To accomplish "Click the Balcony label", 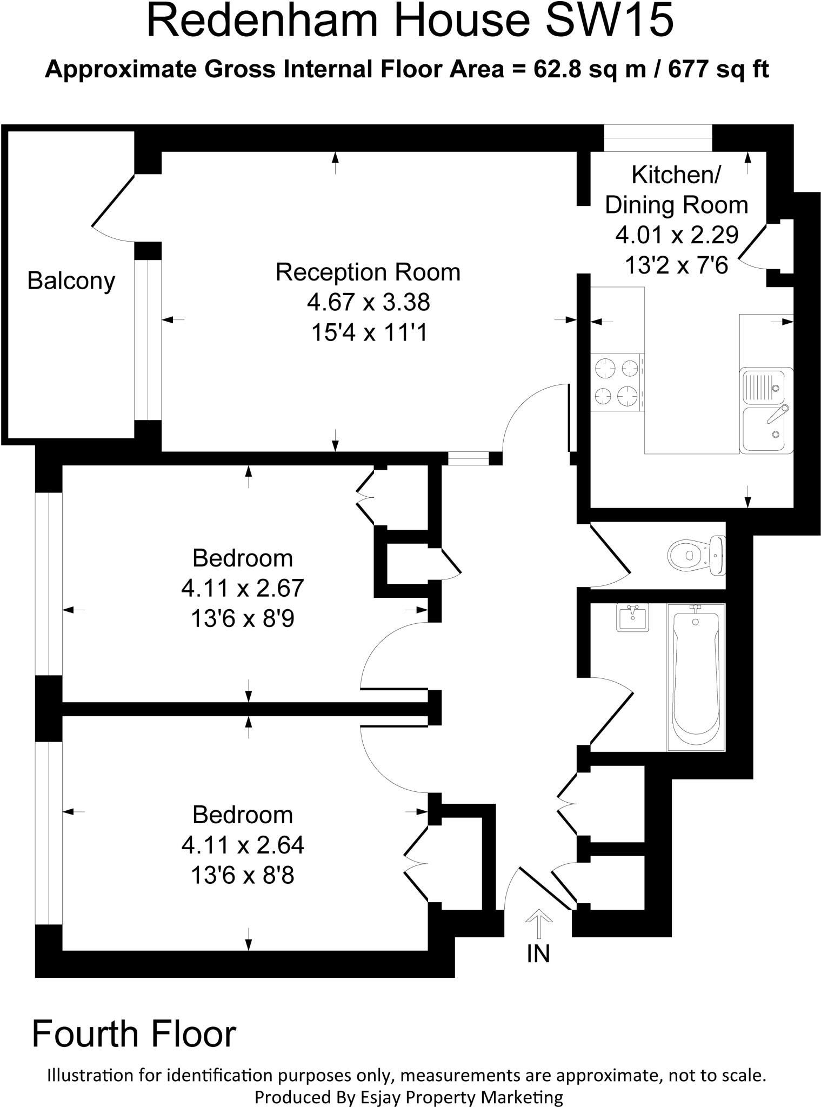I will pyautogui.click(x=71, y=281).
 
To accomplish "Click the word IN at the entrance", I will pyautogui.click(x=538, y=955).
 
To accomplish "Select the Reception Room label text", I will pyautogui.click(x=368, y=272).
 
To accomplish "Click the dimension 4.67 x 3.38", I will pyautogui.click(x=368, y=302).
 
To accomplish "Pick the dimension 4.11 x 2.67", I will pyautogui.click(x=242, y=588).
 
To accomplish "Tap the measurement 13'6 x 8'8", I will pyautogui.click(x=242, y=875).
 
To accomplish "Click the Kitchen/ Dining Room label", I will pyautogui.click(x=676, y=190).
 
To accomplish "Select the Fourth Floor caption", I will pyautogui.click(x=134, y=1035).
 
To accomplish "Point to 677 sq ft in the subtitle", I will pyautogui.click(x=718, y=70).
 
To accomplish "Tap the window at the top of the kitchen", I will pyautogui.click(x=658, y=138).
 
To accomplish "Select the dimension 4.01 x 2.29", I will pyautogui.click(x=676, y=235).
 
